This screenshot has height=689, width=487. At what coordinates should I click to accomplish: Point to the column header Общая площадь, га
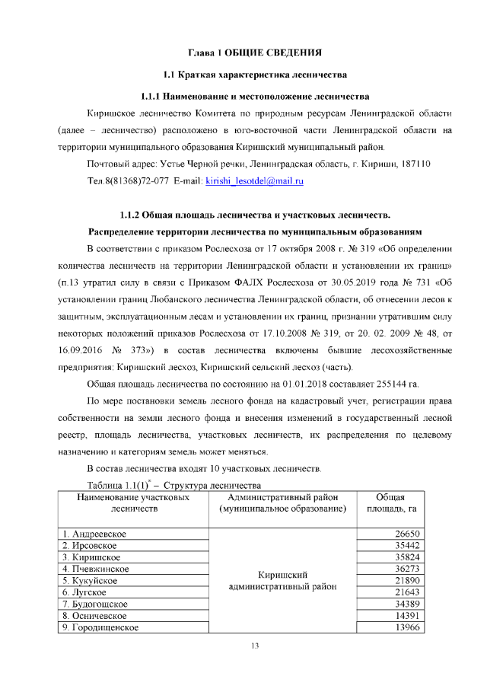(390, 502)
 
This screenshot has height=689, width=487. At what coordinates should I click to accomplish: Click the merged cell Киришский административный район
(282, 580)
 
